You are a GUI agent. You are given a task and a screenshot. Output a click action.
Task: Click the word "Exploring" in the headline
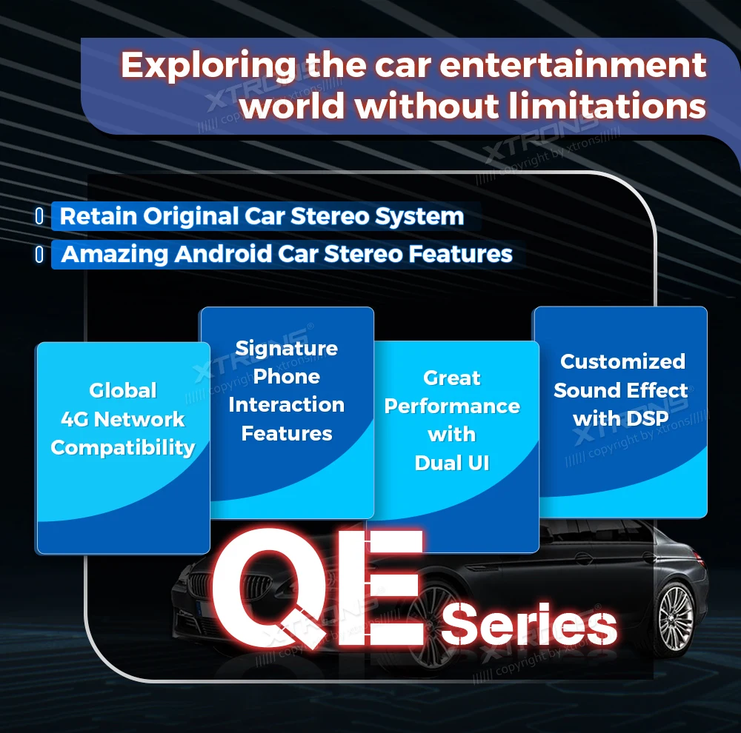208,66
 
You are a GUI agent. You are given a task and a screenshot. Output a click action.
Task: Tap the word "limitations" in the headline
608,105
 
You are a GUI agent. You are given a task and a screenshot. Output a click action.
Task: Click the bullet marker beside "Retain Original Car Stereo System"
40,216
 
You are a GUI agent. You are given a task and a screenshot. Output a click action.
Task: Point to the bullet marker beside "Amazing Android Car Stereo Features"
40,254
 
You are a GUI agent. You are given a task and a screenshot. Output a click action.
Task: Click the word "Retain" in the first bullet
99,216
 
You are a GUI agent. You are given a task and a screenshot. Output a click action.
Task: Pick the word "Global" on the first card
123,391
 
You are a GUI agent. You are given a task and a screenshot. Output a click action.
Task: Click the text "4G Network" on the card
123,419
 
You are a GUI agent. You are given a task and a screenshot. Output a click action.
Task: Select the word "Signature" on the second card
286,349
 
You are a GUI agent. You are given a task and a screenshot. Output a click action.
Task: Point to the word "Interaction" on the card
286,405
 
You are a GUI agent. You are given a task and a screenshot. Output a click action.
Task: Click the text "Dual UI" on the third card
452,463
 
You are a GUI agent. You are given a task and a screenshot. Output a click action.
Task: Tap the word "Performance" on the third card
452,406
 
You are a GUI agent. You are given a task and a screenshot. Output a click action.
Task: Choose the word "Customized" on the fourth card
623,362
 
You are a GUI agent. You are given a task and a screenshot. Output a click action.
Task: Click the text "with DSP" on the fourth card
620,418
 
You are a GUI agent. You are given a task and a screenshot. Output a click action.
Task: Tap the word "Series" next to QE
529,624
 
